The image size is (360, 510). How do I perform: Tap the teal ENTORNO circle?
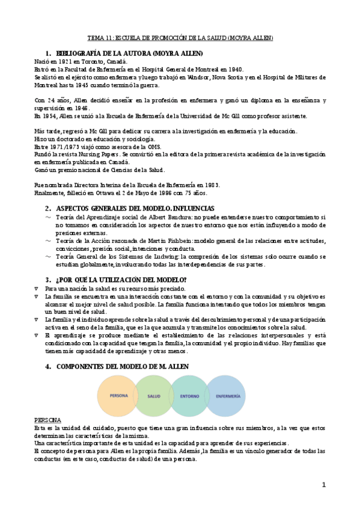coord(189,396)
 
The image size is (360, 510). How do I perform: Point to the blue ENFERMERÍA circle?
coord(227,396)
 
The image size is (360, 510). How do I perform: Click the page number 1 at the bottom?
coord(323,485)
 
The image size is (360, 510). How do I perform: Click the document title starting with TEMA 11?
coord(180,38)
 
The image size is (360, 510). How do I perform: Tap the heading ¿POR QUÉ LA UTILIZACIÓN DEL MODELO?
coord(121,280)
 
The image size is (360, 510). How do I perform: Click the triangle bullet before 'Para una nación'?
coord(37,289)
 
